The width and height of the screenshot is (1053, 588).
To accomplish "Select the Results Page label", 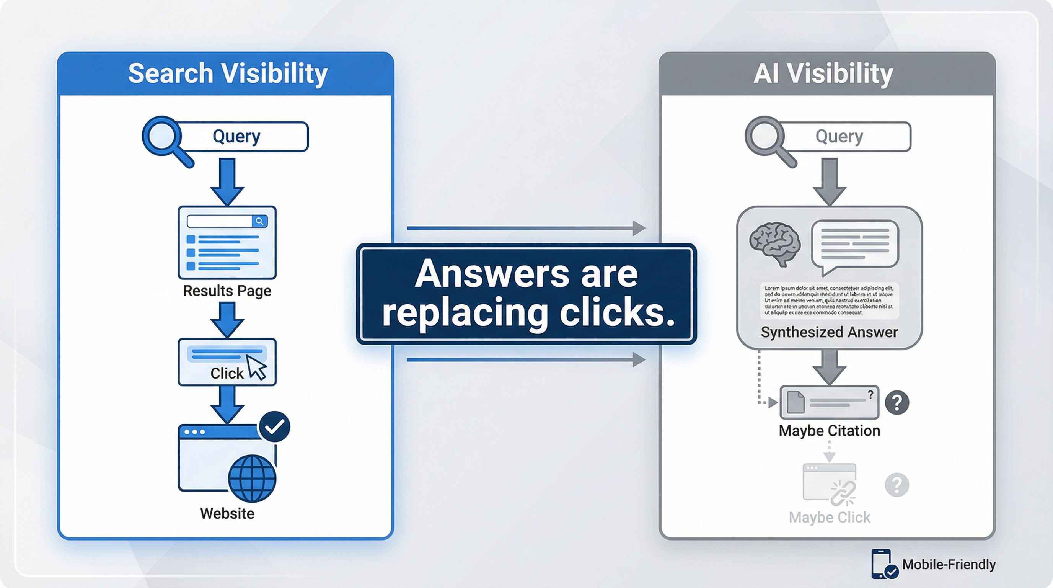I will point(227,291).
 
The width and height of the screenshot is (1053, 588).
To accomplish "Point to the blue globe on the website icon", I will point(252,479).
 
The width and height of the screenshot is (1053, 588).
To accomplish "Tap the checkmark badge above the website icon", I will point(274,426).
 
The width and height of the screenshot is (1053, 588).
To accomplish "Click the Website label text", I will point(227,513).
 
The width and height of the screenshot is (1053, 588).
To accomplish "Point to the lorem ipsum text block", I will point(829,300).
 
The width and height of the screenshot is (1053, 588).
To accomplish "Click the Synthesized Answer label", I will point(829,332).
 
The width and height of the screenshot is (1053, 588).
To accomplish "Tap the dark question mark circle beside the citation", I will point(897,403).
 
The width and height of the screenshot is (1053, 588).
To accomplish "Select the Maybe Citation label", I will point(829,431).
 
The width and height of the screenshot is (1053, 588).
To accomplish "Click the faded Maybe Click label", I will point(829,517).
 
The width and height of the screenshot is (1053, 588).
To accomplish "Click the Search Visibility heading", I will point(228,73).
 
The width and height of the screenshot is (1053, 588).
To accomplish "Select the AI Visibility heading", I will point(823,73).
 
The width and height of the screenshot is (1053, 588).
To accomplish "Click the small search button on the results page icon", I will point(259,221).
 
